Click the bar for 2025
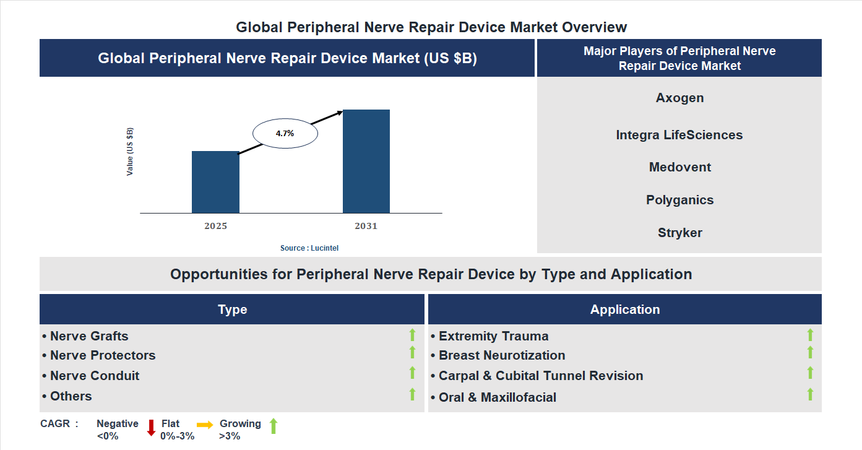click(215, 182)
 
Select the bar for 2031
click(366, 161)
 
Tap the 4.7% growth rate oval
click(285, 133)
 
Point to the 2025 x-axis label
click(215, 226)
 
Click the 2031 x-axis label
click(366, 226)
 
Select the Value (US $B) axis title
click(130, 152)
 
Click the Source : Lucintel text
click(309, 248)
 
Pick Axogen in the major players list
click(679, 98)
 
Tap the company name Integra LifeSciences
click(679, 135)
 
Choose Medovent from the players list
click(679, 167)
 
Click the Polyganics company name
click(679, 200)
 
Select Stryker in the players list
click(679, 233)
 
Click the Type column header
click(232, 309)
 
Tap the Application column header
click(624, 309)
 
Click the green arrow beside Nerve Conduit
click(412, 373)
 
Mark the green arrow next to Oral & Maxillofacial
click(810, 394)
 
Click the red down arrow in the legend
click(151, 428)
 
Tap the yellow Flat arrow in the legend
click(205, 425)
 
